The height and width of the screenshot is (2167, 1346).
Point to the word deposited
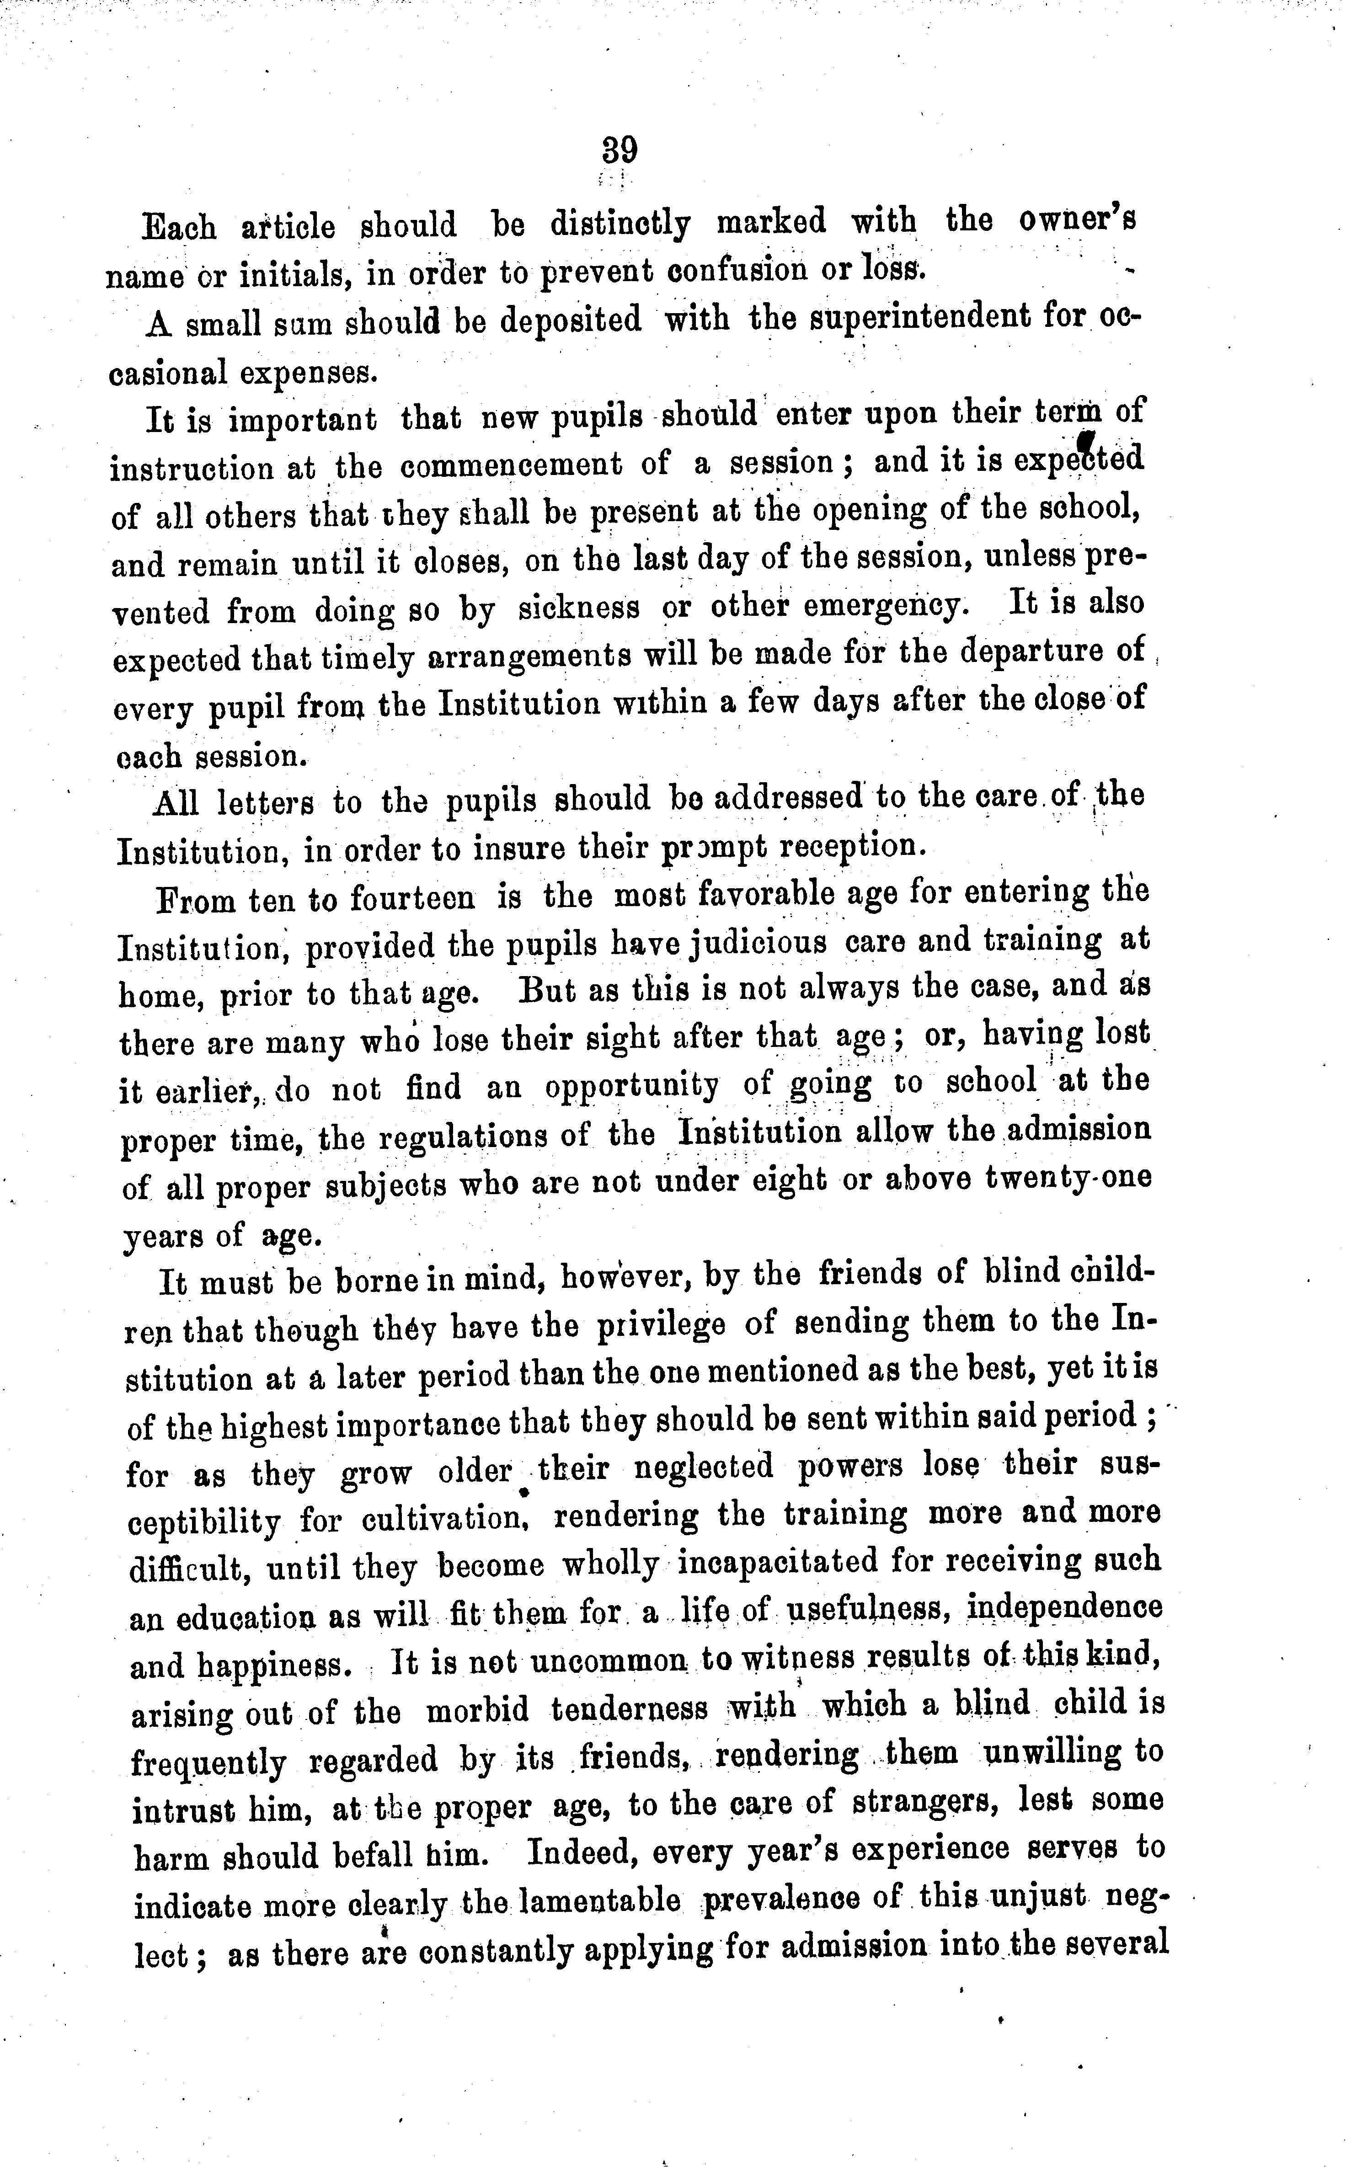571,320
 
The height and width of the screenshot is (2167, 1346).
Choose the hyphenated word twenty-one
1068,1178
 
